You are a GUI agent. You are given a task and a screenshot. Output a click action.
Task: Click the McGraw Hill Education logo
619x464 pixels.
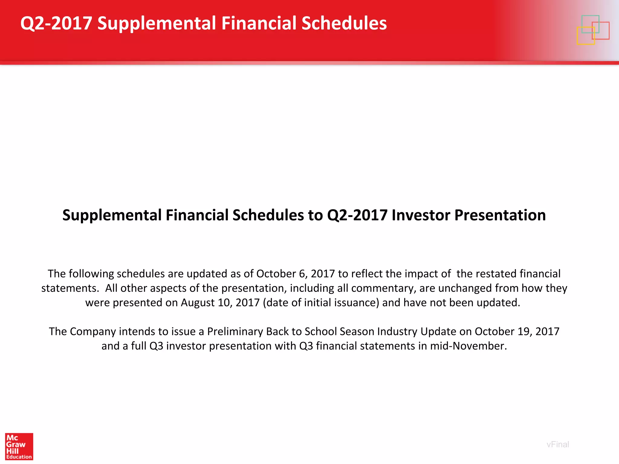[x=19, y=446]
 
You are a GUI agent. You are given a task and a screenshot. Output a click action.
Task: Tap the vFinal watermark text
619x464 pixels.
[x=558, y=444]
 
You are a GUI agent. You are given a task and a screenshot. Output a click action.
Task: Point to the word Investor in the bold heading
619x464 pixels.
[x=421, y=215]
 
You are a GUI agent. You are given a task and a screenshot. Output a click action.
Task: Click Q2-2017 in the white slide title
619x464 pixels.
[x=56, y=23]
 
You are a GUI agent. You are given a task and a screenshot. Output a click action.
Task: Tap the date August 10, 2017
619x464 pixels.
[x=220, y=303]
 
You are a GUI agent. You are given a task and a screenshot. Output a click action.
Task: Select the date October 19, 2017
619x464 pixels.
[x=517, y=331]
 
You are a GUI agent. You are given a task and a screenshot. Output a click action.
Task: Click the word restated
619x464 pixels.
[x=496, y=274]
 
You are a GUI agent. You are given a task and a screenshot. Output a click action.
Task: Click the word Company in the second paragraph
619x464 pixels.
[x=93, y=331]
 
